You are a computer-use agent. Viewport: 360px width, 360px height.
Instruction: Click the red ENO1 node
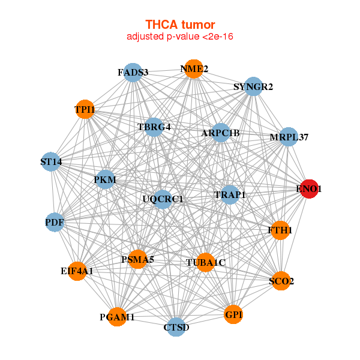309,189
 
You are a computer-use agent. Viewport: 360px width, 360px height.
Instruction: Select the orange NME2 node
194,69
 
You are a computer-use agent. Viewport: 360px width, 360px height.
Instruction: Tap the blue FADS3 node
133,73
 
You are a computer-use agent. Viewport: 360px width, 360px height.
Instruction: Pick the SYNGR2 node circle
253,86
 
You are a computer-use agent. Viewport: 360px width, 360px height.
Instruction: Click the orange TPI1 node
85,109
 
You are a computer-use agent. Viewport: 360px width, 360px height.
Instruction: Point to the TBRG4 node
154,127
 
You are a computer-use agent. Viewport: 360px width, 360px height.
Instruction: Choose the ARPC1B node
220,133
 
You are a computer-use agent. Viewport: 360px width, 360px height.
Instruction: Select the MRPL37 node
289,137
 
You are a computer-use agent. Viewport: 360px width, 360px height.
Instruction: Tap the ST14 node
51,161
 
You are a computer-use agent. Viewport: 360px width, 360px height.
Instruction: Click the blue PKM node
105,179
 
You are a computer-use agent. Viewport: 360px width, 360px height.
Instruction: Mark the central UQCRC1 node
163,199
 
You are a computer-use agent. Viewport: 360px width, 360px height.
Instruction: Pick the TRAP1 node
230,194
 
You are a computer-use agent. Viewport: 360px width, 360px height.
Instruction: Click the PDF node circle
55,222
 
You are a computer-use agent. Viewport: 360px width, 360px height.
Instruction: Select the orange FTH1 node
280,230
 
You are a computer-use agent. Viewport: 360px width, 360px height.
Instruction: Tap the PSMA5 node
137,259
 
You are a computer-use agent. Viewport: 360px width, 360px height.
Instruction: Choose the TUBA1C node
205,262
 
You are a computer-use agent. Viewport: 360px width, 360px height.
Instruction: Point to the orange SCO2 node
281,281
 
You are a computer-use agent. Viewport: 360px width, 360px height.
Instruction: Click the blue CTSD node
176,327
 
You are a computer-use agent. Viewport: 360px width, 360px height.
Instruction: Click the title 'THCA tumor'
180,25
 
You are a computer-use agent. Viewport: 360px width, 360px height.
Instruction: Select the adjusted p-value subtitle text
180,37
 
